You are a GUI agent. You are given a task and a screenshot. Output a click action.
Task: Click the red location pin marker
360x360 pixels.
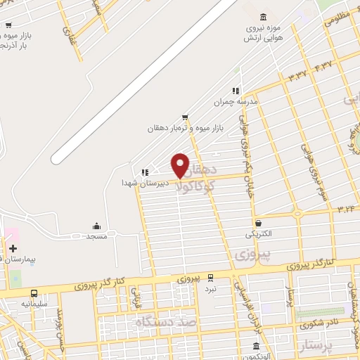[x=180, y=165]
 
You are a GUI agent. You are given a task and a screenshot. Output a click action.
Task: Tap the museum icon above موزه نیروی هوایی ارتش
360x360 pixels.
[x=263, y=18]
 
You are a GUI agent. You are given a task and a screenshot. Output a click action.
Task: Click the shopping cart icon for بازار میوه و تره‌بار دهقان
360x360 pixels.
[x=184, y=117]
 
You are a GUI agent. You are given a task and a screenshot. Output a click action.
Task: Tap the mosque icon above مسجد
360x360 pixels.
[x=97, y=226]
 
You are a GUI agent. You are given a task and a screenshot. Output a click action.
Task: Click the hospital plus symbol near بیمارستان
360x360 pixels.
[x=13, y=248]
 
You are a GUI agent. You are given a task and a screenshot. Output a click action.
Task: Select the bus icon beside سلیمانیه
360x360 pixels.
[x=34, y=293]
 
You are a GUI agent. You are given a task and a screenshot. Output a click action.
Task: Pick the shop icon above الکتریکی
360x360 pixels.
[x=259, y=222]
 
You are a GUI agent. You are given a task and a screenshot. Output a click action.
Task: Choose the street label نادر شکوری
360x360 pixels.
[x=313, y=325]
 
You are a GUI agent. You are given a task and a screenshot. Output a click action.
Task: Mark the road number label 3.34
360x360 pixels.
[x=346, y=208]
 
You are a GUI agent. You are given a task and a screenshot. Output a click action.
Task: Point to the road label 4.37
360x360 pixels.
[x=323, y=66]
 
